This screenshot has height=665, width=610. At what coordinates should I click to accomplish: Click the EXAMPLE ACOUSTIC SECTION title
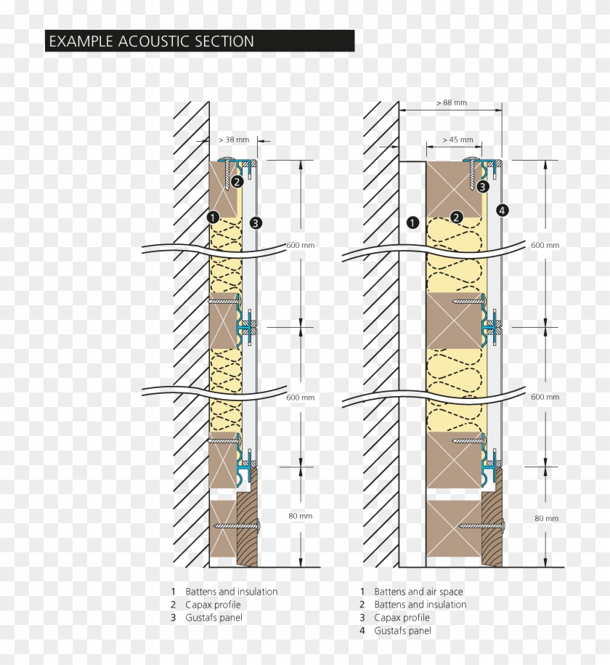pos(151,41)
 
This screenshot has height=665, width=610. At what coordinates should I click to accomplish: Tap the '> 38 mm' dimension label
pos(233,140)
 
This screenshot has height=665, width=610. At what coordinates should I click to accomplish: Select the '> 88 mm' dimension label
pos(451,103)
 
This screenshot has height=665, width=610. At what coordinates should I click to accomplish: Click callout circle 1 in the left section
pos(213,216)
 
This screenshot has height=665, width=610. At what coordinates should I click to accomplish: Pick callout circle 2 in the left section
pos(237,182)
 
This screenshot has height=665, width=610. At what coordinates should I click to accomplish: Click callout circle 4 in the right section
pos(502,210)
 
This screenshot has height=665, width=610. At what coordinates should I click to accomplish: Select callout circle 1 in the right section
pos(412,222)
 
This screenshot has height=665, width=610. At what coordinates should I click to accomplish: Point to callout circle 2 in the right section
pos(456,216)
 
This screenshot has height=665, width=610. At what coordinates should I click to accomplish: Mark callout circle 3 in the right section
pos(483,186)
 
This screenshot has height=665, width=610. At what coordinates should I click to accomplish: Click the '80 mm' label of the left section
pos(300,516)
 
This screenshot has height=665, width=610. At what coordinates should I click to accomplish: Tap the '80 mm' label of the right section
pos(546,518)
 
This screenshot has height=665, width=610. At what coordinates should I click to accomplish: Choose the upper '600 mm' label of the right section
pos(545,245)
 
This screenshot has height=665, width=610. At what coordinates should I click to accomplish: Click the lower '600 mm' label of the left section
pos(300,398)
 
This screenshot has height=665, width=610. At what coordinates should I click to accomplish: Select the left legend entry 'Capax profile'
pos(213,605)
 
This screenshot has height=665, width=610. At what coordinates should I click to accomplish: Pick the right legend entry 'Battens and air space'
pos(418,592)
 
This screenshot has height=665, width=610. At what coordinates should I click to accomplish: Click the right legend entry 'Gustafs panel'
pos(402,631)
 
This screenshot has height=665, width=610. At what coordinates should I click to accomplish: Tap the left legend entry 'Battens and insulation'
pos(231,592)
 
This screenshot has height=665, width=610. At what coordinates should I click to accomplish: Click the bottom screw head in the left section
pos(257,525)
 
